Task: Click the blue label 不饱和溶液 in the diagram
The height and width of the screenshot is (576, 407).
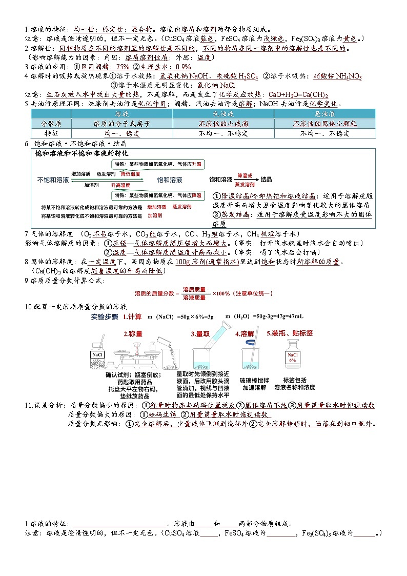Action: point(53,180)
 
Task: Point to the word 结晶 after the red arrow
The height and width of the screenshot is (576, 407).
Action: point(266,180)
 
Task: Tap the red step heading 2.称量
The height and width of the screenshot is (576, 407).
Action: point(133,334)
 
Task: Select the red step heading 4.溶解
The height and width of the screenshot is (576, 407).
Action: point(245,334)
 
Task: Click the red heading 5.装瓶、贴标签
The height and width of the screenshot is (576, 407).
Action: point(290,333)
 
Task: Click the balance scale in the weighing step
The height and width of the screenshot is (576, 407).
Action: point(132,357)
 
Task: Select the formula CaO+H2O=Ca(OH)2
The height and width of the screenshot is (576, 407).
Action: point(298,95)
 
